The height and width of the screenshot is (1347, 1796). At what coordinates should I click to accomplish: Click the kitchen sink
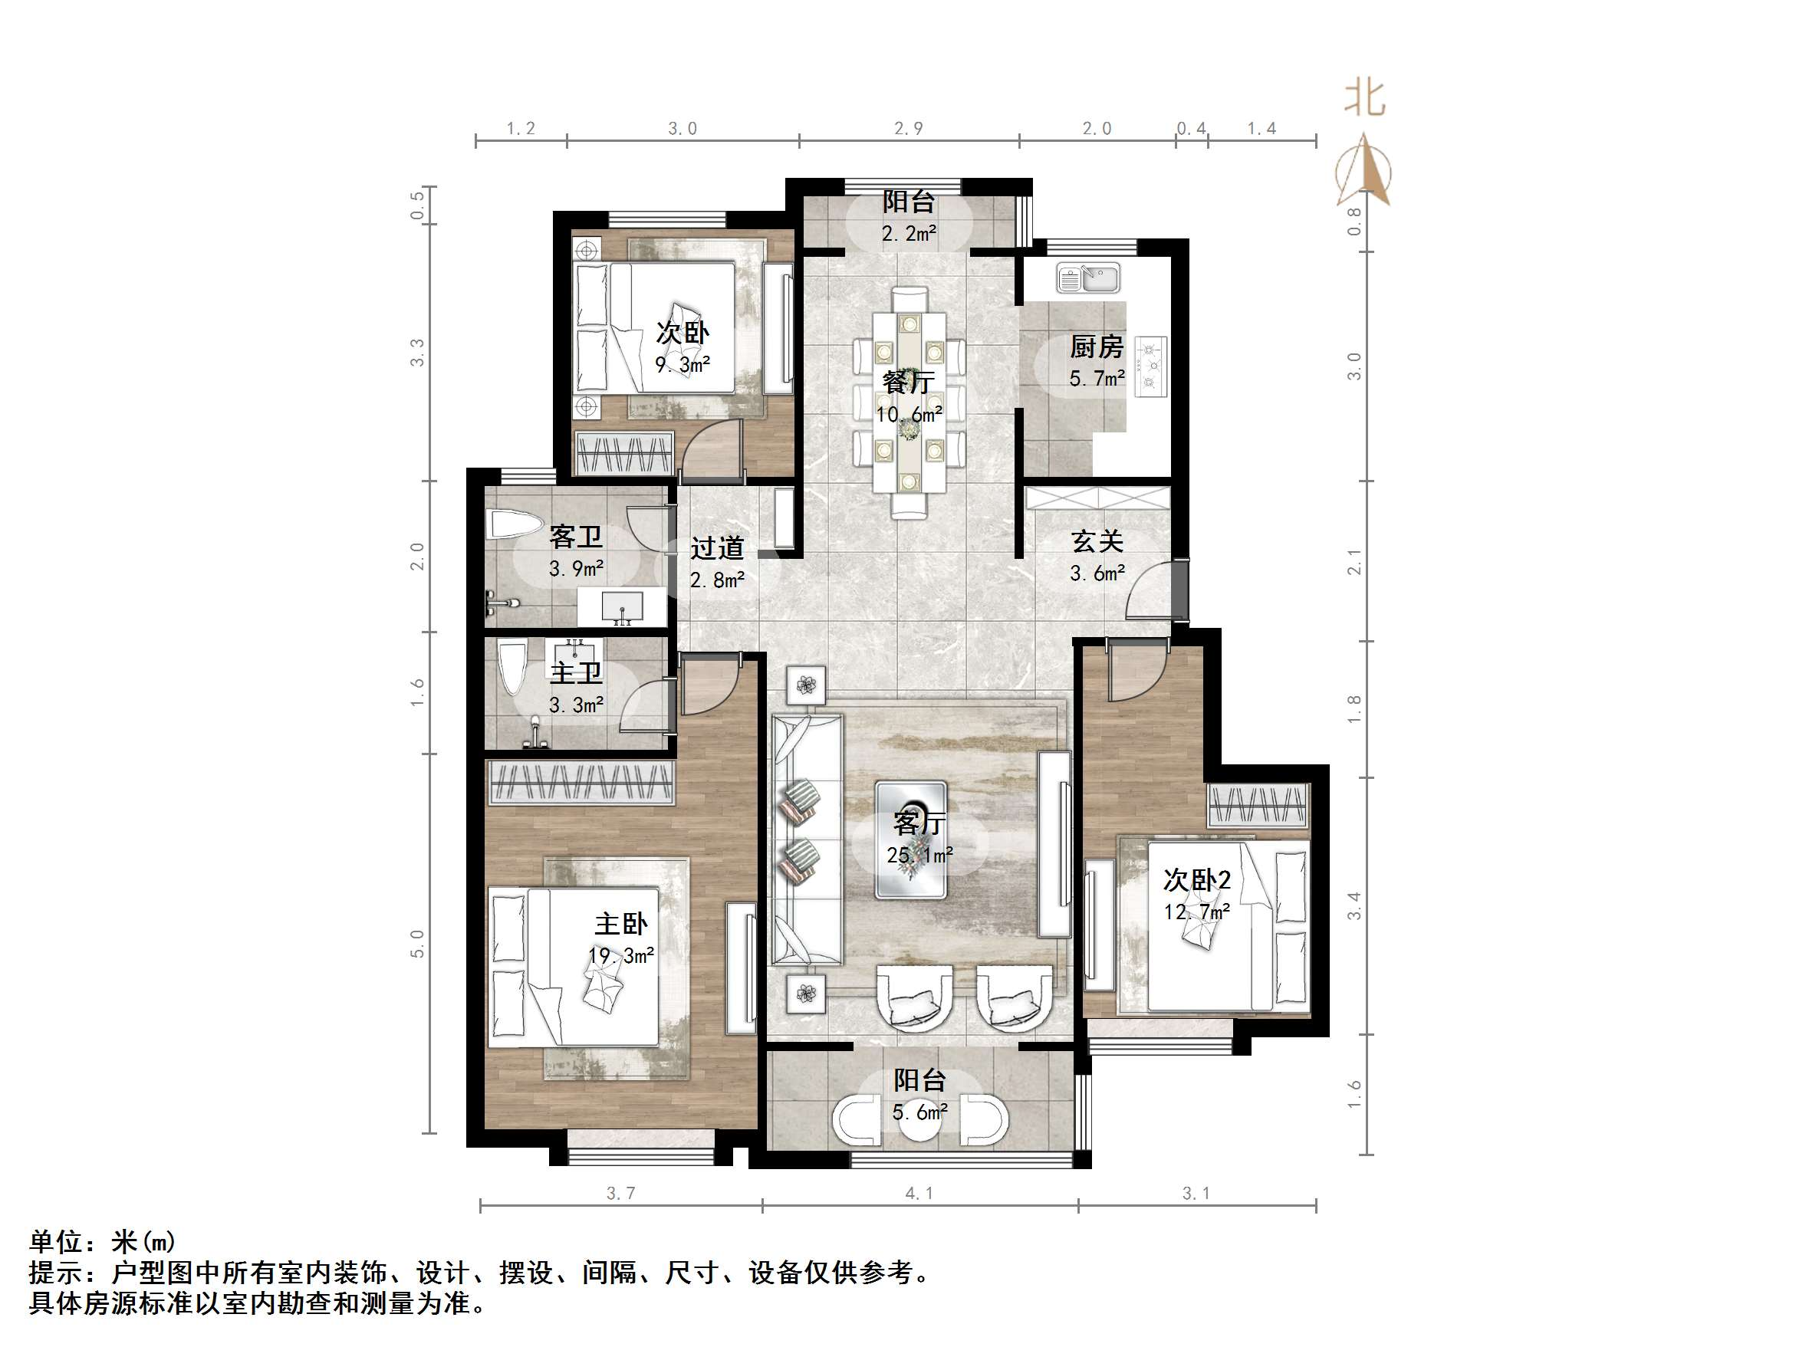click(1088, 278)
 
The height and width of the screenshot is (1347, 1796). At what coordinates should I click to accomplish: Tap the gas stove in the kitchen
click(1150, 366)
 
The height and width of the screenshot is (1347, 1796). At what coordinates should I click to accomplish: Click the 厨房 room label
click(1096, 347)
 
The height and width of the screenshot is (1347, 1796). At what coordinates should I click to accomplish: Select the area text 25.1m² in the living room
click(919, 855)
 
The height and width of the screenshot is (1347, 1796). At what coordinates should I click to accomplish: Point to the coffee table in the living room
click(911, 839)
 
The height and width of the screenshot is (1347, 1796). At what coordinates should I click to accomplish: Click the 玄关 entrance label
click(1096, 541)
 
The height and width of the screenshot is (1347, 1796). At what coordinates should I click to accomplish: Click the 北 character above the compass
click(1364, 99)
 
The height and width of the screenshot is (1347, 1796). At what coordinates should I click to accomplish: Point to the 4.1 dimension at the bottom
click(919, 1193)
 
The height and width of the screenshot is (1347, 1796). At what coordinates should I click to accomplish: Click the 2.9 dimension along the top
click(908, 128)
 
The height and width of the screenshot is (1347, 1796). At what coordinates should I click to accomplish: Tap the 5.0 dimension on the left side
click(417, 944)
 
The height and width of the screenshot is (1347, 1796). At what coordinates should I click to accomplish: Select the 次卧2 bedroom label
click(1197, 880)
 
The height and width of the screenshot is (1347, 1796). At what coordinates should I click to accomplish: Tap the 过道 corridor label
click(717, 549)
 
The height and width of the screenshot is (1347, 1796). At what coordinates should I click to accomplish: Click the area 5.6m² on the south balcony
click(919, 1112)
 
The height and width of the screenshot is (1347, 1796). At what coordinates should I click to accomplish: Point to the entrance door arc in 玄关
click(1146, 591)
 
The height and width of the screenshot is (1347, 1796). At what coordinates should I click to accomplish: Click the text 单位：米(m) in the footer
click(102, 1241)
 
